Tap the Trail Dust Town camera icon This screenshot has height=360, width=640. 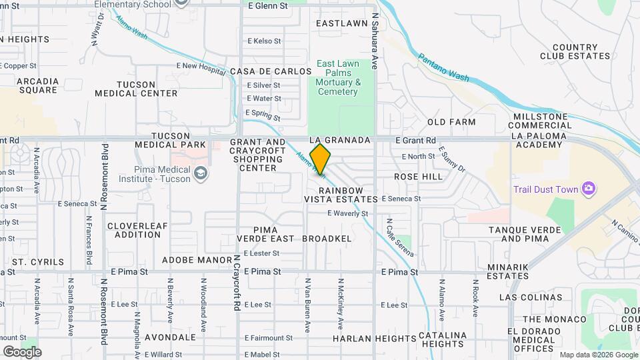coord(589,189)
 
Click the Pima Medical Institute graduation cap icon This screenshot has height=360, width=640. coord(200,174)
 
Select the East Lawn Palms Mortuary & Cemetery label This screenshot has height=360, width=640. coord(338,77)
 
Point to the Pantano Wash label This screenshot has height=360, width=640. coord(443,68)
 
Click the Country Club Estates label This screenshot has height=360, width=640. coord(574,52)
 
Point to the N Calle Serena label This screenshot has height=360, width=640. coord(399,237)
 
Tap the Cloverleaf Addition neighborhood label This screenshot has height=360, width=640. coord(138,230)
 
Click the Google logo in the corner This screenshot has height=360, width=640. coord(22,351)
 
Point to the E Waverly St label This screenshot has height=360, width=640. coord(347,213)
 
